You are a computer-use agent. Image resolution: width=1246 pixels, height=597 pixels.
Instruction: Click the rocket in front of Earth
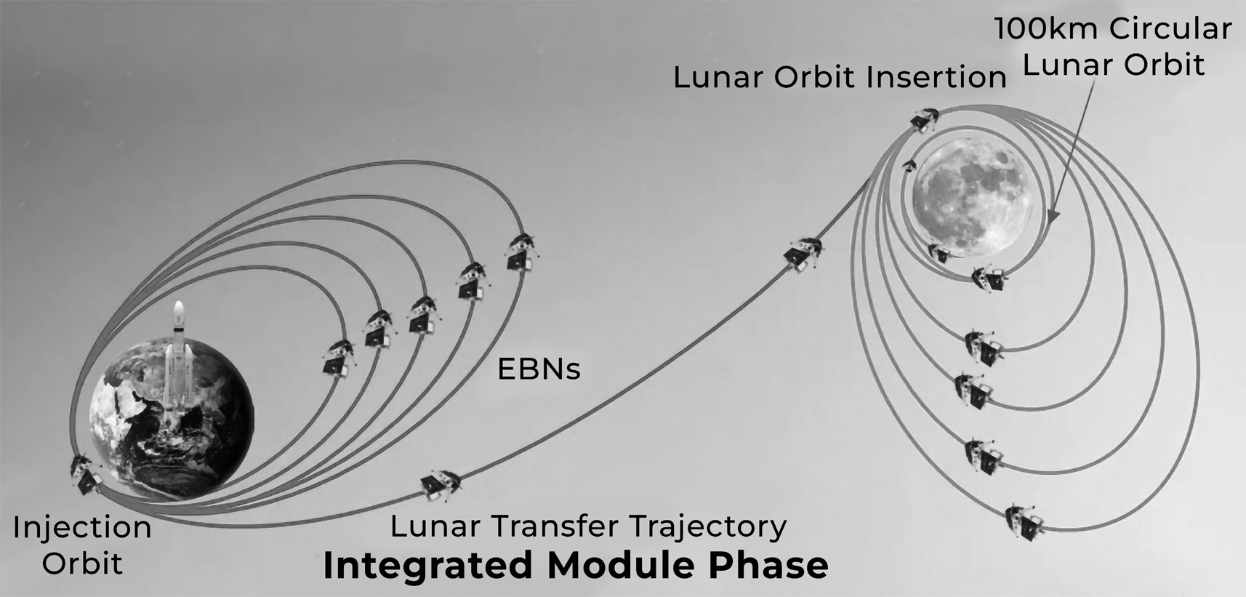coord(179,361)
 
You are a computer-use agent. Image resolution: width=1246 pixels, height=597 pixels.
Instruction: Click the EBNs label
coord(539,369)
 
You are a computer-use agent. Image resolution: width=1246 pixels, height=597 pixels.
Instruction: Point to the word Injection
coord(82,526)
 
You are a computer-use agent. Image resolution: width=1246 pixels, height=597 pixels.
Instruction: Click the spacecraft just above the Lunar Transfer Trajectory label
coord(441,486)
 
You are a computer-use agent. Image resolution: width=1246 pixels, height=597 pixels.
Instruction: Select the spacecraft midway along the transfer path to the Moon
coord(804,255)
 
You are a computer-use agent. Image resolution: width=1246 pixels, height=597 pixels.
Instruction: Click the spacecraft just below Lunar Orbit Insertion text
coord(924,120)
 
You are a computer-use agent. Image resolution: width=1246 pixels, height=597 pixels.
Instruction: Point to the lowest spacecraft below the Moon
coord(1024,522)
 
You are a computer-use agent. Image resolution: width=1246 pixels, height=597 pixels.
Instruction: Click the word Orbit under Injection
coord(81,563)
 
